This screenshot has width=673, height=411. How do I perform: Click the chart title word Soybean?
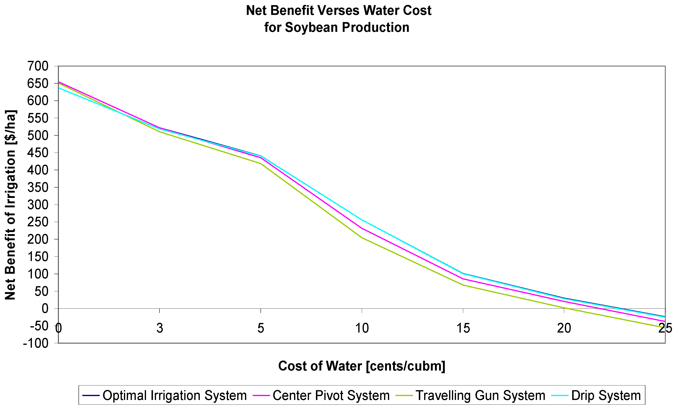point(312,28)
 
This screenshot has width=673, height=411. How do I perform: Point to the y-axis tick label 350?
point(38,188)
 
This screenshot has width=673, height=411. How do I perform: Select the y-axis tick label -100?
point(36,343)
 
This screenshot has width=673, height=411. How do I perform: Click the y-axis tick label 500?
point(38,135)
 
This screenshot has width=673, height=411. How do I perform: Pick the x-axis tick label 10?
point(362,328)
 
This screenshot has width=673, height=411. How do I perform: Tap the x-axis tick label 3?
point(160,328)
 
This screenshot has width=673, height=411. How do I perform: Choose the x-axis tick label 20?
point(564,328)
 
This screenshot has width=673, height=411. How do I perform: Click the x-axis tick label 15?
point(463,328)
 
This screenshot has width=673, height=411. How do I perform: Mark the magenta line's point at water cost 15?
point(463,279)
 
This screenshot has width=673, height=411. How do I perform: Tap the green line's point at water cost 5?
point(261,163)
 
